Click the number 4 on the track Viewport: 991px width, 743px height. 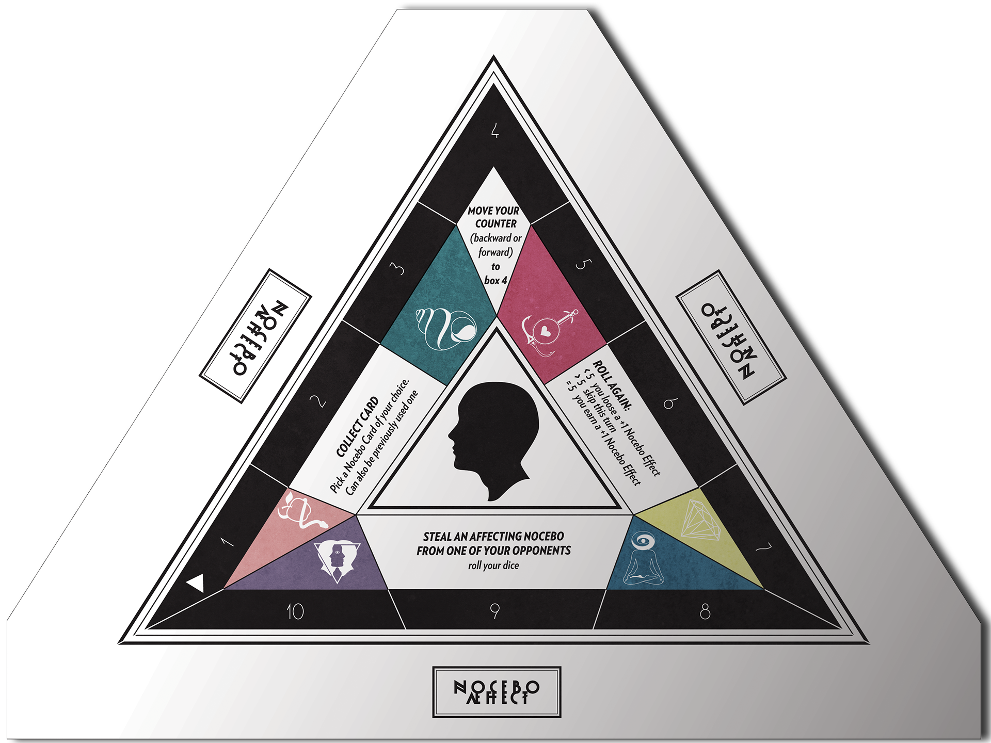coord(495,130)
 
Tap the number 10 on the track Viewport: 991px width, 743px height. coord(295,612)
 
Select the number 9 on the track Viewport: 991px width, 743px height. coord(495,612)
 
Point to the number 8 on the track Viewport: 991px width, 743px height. coord(705,612)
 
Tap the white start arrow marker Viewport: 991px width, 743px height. coord(196,584)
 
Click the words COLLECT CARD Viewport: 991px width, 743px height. coord(357,427)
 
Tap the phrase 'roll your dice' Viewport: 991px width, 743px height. coord(493,566)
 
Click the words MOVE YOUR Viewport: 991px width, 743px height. coord(493,211)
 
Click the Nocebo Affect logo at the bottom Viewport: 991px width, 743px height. coord(497,692)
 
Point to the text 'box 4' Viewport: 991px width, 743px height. coord(495,280)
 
